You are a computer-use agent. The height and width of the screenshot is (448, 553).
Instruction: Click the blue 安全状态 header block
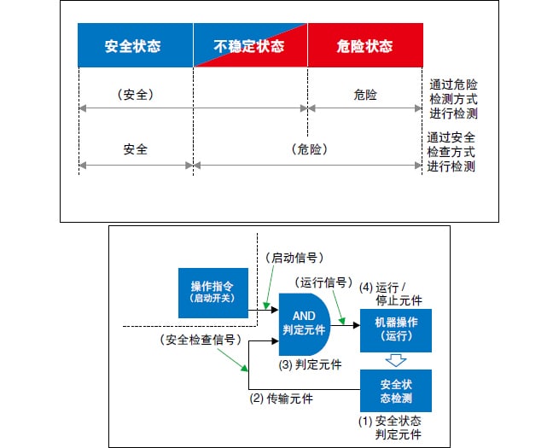point(135,46)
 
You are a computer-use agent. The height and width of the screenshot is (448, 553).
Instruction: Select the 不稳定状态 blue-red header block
point(250,46)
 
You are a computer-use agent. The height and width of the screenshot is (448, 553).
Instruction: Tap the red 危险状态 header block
point(366,46)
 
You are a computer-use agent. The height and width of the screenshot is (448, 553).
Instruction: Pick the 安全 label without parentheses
point(135,149)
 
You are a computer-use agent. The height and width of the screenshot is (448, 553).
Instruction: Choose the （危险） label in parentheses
point(309,149)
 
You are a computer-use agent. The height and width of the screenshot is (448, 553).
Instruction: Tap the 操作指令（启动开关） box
point(212,291)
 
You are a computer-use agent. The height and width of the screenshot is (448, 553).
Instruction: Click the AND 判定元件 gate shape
point(304,323)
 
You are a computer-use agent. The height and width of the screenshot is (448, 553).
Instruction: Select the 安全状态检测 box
point(395,391)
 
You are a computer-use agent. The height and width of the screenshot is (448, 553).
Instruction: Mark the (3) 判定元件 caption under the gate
point(311,364)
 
